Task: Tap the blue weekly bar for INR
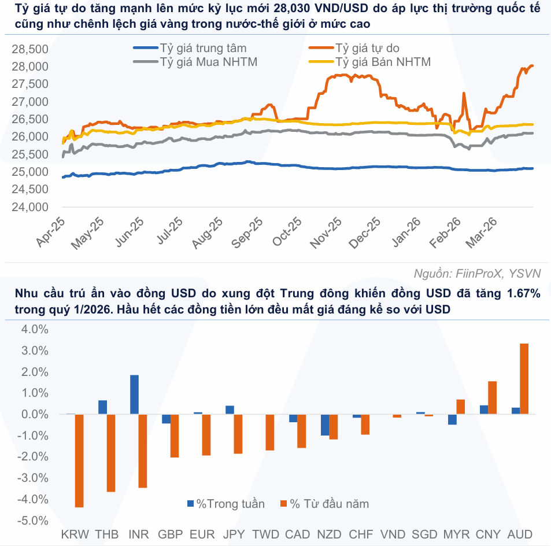coord(134,394)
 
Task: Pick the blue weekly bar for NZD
coord(325,425)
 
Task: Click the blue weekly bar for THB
coord(102,407)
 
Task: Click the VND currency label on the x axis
coord(393,534)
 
